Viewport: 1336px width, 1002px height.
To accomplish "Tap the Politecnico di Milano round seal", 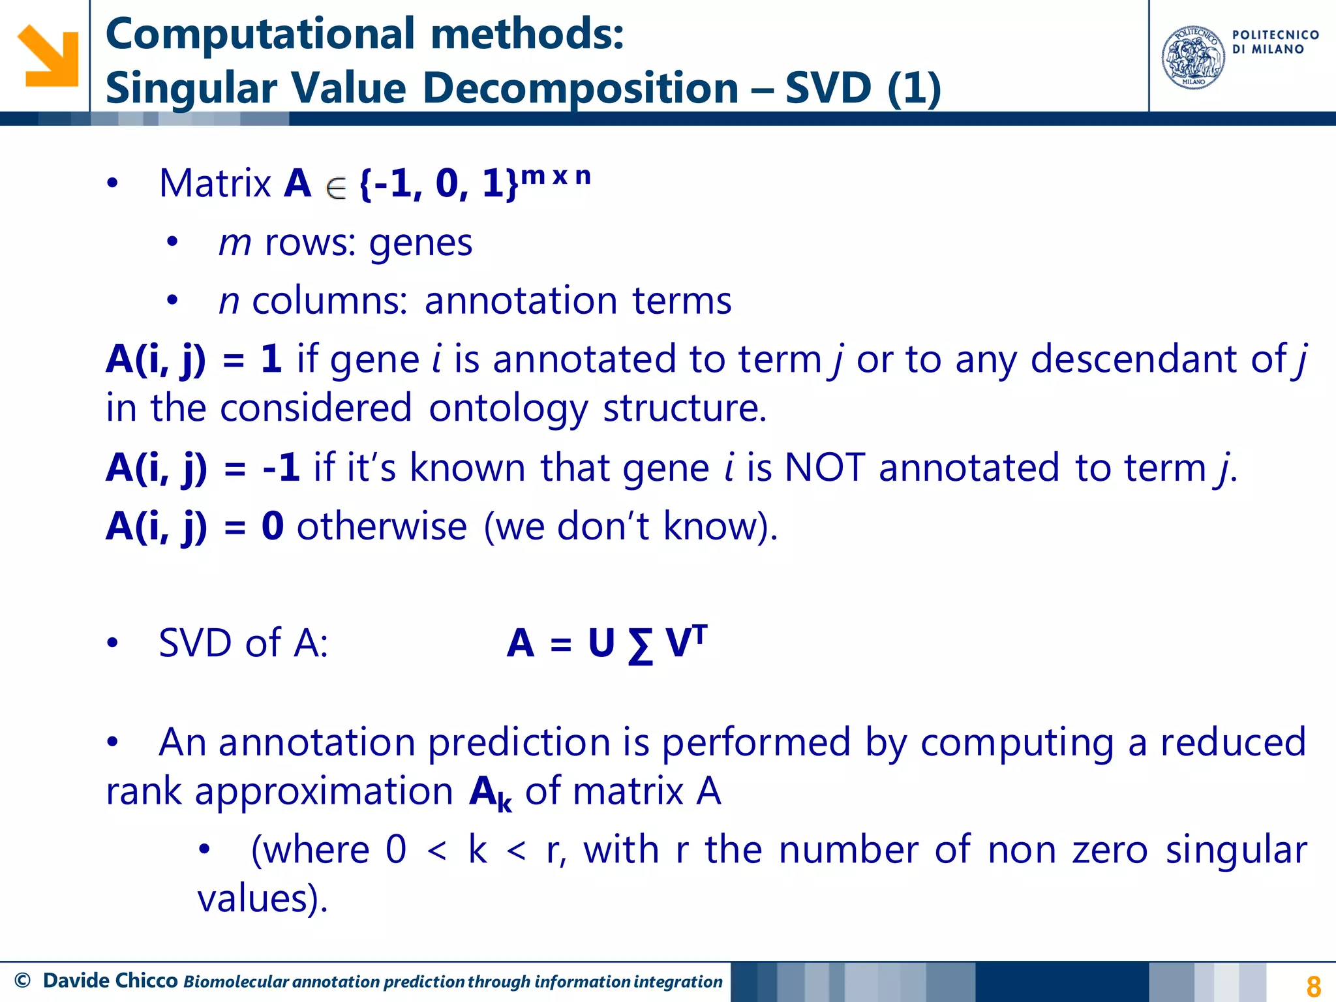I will tap(1193, 57).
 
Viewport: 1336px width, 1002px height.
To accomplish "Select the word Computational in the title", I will tap(260, 34).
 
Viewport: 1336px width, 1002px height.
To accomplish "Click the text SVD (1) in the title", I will tap(862, 88).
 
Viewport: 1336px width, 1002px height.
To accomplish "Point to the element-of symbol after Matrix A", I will tap(336, 189).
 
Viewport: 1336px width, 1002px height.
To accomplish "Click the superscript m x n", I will tap(556, 176).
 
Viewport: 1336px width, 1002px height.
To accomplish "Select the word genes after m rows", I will tap(420, 243).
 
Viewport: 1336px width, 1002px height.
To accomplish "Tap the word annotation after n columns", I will tap(521, 301).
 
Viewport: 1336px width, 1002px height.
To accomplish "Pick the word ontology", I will tap(508, 409).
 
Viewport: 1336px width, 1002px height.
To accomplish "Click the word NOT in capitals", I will tap(825, 468).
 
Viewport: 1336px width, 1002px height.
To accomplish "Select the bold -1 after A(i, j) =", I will tap(281, 468).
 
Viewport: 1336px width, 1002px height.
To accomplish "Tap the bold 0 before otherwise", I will tap(273, 526).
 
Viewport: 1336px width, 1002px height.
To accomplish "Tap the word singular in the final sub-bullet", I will tap(1236, 850).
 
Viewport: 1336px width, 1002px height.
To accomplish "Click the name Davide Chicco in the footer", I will tap(110, 980).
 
